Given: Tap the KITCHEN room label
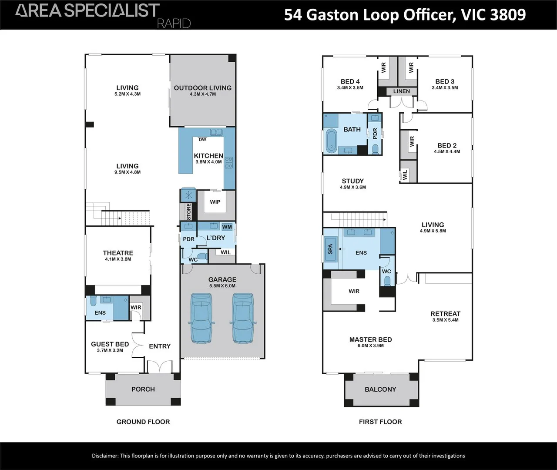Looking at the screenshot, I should [x=208, y=156].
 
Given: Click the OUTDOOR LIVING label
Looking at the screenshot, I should [x=203, y=88].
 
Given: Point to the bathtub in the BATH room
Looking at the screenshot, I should [x=332, y=141].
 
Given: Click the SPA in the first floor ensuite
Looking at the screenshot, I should [x=330, y=249].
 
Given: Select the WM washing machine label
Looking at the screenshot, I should [x=227, y=227].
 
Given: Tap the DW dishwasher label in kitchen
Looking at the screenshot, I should [x=202, y=140].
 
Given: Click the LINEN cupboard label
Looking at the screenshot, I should [x=401, y=91].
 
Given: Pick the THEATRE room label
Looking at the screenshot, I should [x=118, y=253].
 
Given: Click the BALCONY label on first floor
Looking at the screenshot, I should [x=380, y=389].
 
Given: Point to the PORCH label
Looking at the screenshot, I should [x=143, y=389].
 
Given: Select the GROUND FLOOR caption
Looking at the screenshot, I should [x=143, y=422].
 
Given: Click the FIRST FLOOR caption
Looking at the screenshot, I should [x=380, y=422].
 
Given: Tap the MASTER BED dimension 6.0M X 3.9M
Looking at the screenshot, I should [x=371, y=346].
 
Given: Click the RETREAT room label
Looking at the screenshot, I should [x=445, y=314].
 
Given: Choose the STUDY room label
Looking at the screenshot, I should [x=353, y=181].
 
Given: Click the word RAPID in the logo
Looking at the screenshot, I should [x=174, y=23].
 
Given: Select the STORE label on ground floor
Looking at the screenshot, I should [x=189, y=211].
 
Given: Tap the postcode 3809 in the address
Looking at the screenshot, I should [x=508, y=15].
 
